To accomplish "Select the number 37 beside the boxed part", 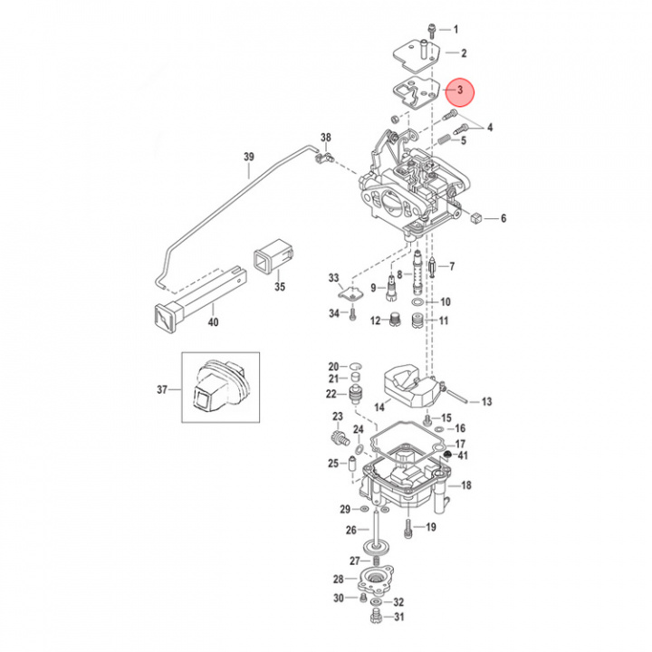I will (162, 390).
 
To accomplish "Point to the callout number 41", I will (463, 455).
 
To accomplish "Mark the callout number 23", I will (338, 417).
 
